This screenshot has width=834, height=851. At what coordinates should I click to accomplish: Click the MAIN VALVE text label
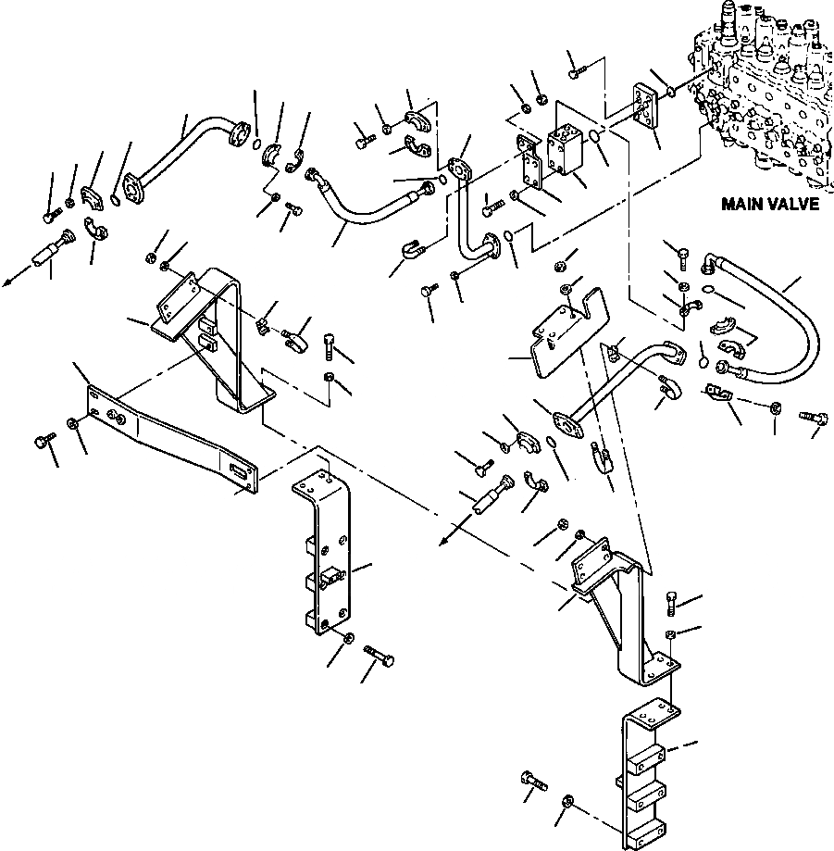pos(771,204)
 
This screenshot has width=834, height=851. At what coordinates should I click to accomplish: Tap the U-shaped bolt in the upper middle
pos(409,251)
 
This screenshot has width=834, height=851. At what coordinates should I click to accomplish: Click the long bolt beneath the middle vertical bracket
pos(380,658)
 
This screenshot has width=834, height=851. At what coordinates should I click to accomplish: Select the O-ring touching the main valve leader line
pos(671,93)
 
